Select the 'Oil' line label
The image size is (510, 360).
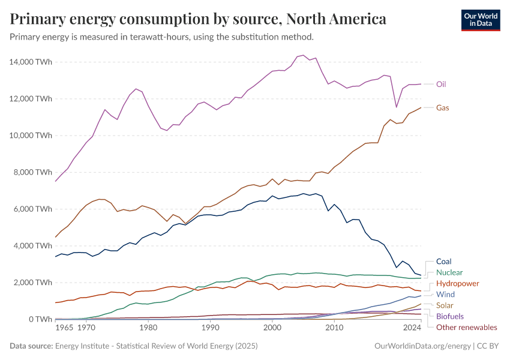point(440,84)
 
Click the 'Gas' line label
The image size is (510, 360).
point(442,108)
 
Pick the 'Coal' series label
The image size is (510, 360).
point(443,262)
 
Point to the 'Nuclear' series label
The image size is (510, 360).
point(449,272)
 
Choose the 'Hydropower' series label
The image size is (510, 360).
point(457,283)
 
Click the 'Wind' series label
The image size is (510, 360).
point(445,295)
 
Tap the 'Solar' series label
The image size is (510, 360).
point(445,305)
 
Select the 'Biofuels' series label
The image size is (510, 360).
point(449,316)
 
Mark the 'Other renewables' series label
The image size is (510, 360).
point(467,327)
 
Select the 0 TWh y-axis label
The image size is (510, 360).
point(41,319)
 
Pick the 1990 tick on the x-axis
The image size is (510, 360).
point(210,328)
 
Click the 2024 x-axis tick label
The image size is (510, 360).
point(412,328)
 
